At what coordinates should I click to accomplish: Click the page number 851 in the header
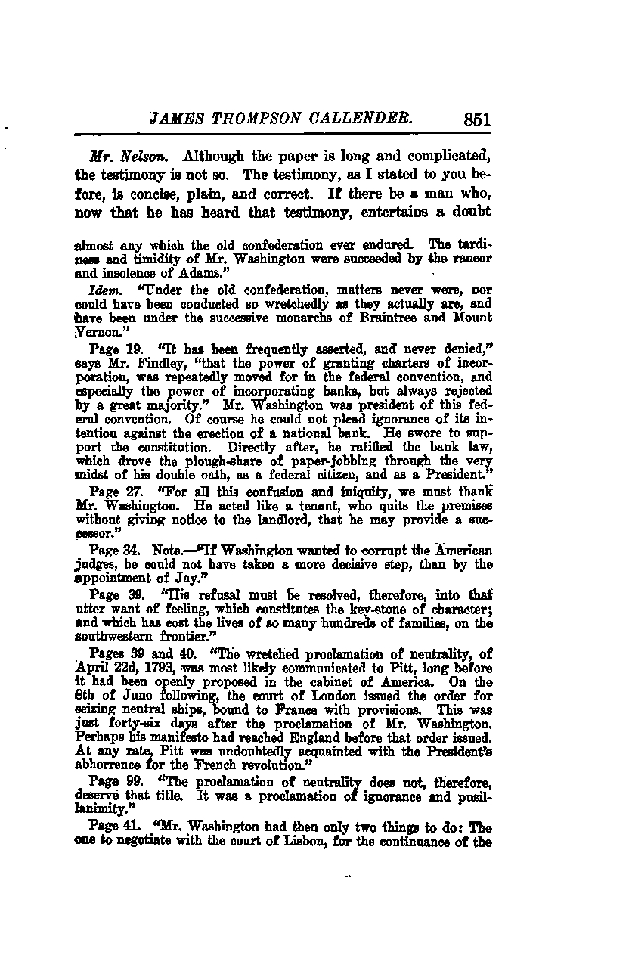(x=474, y=119)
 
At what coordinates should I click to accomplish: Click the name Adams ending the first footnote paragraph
(x=192, y=272)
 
